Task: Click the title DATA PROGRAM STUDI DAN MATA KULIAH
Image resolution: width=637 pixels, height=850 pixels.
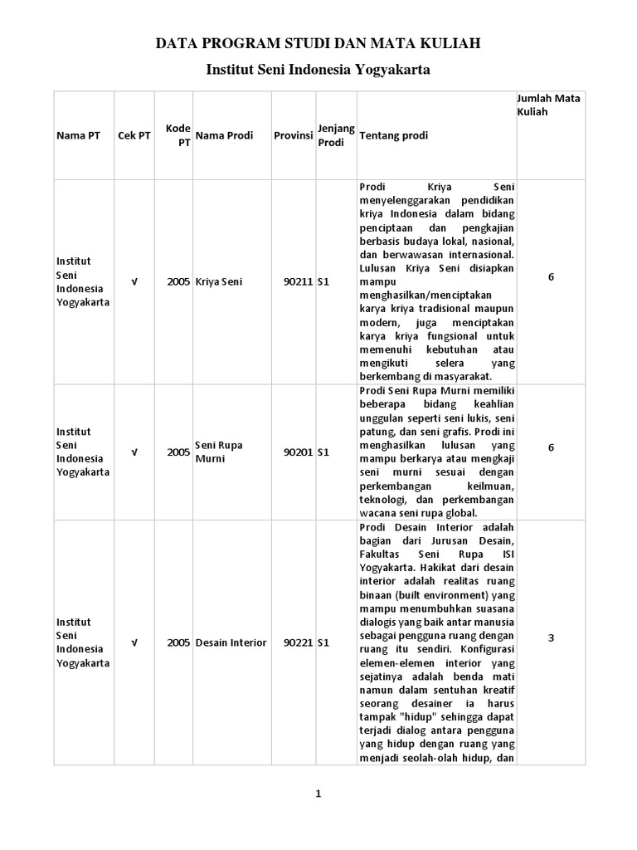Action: click(318, 42)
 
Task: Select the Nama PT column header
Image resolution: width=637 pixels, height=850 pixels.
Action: click(78, 135)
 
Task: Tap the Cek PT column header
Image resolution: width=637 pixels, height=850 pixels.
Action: click(134, 135)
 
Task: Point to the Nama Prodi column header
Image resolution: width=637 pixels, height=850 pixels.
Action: click(226, 135)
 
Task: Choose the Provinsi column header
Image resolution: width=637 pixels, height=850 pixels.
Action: click(293, 135)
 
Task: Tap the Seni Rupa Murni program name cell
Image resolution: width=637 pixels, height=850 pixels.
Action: click(220, 452)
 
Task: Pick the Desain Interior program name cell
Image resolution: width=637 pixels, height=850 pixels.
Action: click(231, 642)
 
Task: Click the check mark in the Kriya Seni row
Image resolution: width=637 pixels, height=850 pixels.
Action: click(134, 281)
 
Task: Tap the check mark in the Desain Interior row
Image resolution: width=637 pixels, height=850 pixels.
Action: click(134, 642)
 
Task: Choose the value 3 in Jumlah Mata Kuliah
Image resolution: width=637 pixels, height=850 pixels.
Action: click(551, 637)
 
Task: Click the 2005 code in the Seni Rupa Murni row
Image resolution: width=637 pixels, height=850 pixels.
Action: click(178, 452)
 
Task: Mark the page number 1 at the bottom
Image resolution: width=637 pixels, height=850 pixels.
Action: click(318, 794)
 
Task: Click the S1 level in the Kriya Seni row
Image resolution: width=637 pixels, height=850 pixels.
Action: click(324, 282)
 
